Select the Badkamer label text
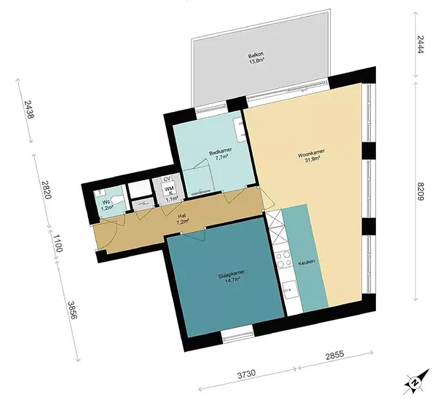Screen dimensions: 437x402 pyautogui.click(x=220, y=152)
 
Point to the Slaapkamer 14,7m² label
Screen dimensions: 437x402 pyautogui.click(x=232, y=276)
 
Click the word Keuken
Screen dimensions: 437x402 pyautogui.click(x=307, y=262)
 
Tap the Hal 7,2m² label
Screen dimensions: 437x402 pyautogui.click(x=182, y=219)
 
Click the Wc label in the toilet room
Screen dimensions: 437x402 pyautogui.click(x=106, y=202)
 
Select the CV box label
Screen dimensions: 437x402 pyautogui.click(x=167, y=179)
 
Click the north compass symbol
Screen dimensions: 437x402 pyautogui.click(x=417, y=382)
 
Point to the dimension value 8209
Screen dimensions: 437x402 pyautogui.click(x=420, y=191)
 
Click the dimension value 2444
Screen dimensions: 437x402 pyautogui.click(x=420, y=44)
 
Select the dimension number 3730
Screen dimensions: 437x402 pyautogui.click(x=246, y=374)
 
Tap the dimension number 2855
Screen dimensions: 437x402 pyautogui.click(x=335, y=355)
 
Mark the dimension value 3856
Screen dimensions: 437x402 pyautogui.click(x=72, y=310)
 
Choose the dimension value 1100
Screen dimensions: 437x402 pyautogui.click(x=58, y=243)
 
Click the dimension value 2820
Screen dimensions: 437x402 pyautogui.click(x=47, y=190)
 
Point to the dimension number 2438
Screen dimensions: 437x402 pyautogui.click(x=28, y=109)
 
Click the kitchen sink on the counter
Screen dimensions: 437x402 pyautogui.click(x=290, y=289)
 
